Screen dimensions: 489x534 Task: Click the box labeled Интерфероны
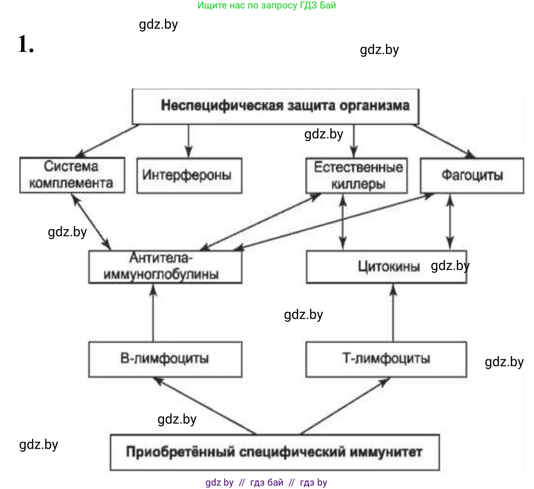(x=189, y=176)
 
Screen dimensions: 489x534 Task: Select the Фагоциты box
(x=472, y=176)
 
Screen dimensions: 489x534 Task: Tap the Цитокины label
(x=388, y=267)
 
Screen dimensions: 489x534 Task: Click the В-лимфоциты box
(x=165, y=359)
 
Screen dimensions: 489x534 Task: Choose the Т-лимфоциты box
(x=386, y=359)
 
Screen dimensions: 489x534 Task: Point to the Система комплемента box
(x=72, y=175)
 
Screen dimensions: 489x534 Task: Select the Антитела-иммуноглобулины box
(x=165, y=267)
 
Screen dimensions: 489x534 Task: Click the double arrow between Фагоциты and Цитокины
(x=450, y=222)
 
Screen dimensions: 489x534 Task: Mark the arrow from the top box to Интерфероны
(x=189, y=141)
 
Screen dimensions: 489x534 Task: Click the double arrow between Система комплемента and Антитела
(x=92, y=222)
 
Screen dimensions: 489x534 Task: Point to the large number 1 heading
(x=25, y=44)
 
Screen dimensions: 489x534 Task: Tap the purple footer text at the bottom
(x=266, y=483)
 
